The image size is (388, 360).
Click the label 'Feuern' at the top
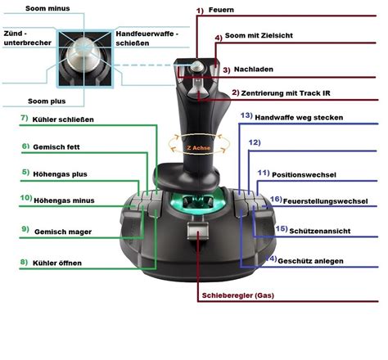[x=221, y=10]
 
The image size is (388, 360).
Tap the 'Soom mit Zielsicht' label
[x=259, y=35]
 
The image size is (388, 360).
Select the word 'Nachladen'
[x=254, y=70]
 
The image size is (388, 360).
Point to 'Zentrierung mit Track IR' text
[x=286, y=93]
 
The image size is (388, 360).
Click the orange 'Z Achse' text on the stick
[x=199, y=148]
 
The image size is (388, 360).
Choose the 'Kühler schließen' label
[x=63, y=119]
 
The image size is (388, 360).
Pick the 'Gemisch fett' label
[x=56, y=147]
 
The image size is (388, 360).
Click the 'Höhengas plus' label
[x=60, y=174]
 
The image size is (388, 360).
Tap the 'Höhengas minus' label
[x=64, y=200]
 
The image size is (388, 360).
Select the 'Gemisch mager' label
[x=63, y=232]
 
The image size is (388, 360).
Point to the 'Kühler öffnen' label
[x=57, y=263]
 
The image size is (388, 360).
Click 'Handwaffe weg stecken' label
[x=299, y=118]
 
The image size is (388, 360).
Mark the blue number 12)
[x=255, y=142]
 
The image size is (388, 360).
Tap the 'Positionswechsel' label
[x=304, y=175]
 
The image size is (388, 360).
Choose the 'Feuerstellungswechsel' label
[x=325, y=201]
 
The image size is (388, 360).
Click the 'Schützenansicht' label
[x=320, y=232]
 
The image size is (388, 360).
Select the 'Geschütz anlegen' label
[x=310, y=261]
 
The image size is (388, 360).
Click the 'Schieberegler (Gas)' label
[x=238, y=295]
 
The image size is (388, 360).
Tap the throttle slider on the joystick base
[x=198, y=231]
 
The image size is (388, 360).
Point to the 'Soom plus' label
[x=47, y=101]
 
